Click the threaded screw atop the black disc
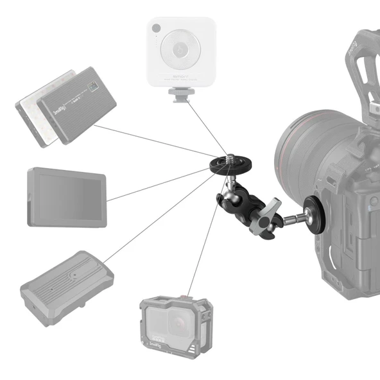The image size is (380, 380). (229, 157)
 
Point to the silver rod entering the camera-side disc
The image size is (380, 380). (296, 216)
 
